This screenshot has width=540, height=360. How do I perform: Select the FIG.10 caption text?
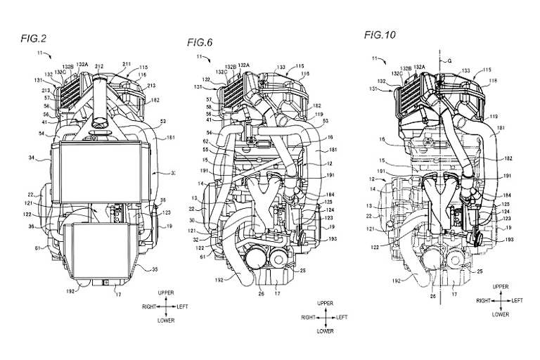coord(380,34)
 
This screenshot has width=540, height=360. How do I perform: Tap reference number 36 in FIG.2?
coord(41,226)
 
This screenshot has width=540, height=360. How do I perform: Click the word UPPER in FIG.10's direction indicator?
coord(501,287)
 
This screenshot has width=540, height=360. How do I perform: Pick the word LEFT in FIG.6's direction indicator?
coord(342,318)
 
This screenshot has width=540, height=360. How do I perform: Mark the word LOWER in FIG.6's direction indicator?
coord(325,330)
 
